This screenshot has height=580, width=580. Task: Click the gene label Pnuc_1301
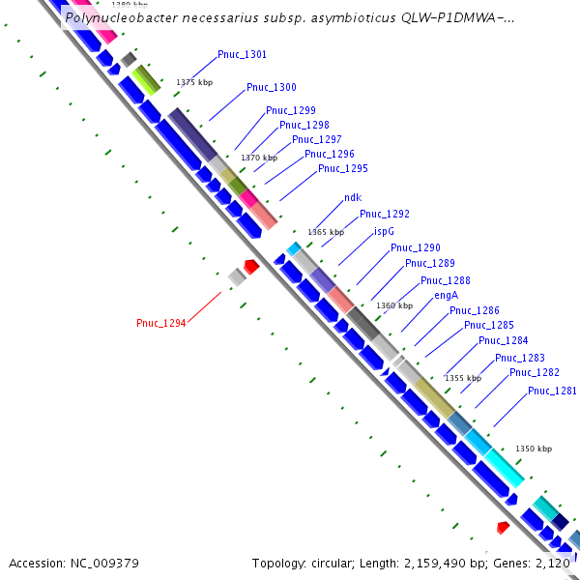(242, 55)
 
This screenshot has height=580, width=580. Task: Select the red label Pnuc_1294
(160, 323)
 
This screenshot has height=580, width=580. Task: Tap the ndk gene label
(352, 198)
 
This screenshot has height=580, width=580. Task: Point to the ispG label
(384, 232)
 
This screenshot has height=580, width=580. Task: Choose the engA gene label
(446, 296)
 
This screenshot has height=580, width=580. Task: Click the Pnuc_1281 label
(552, 391)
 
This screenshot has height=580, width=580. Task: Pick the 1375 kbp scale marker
(193, 83)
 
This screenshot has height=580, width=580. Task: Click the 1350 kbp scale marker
(534, 449)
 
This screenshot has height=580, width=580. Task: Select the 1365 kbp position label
(325, 232)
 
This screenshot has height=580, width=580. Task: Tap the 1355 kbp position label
(462, 378)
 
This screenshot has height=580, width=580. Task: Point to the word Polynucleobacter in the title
(123, 17)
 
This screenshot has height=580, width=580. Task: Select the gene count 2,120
(553, 563)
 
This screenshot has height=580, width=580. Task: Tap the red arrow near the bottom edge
(503, 528)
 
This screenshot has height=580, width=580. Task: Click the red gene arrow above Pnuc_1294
(251, 266)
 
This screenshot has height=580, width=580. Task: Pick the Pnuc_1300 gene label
(271, 88)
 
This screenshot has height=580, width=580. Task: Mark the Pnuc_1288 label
(446, 280)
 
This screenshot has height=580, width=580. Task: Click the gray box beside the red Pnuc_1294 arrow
(236, 277)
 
